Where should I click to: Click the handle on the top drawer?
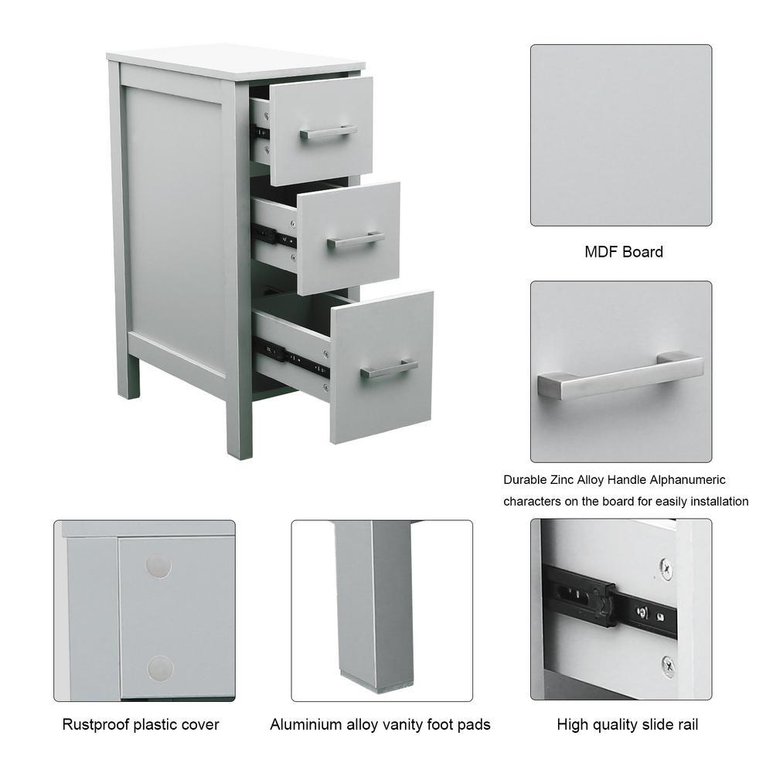pos(329,132)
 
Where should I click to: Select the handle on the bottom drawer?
pos(389,368)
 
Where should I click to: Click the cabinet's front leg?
pos(239,428)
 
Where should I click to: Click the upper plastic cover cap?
pos(158,566)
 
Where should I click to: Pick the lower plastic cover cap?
pos(160,669)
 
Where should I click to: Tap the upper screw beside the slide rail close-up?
pos(666,569)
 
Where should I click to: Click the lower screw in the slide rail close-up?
pos(668,666)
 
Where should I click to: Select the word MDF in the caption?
pos(601,252)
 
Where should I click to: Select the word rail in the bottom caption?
pos(686,725)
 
